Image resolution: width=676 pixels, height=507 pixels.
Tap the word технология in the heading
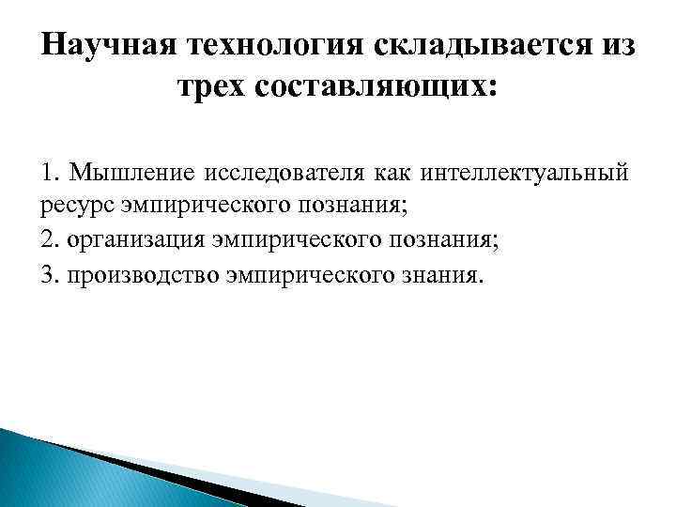(267, 45)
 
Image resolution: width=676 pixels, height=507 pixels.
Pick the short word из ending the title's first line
(613, 45)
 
